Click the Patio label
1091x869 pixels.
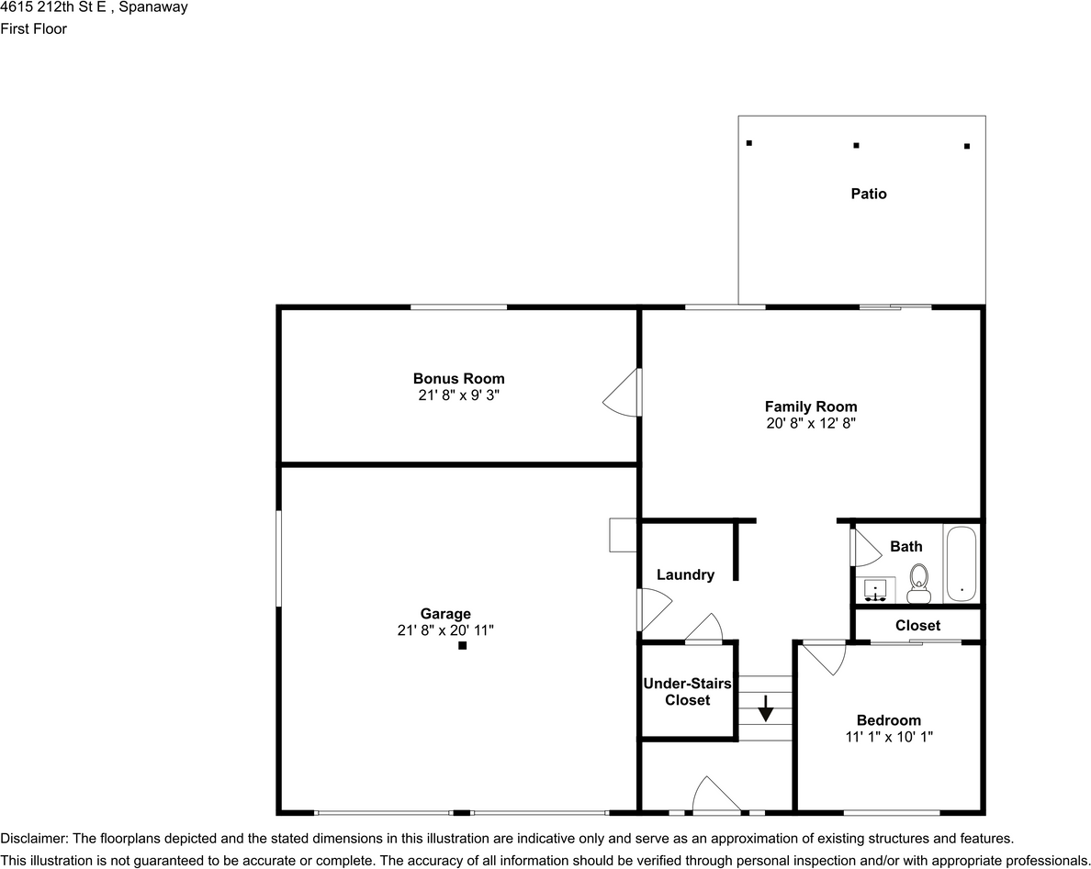pyautogui.click(x=869, y=194)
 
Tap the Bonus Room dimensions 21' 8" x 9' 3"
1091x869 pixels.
pyautogui.click(x=458, y=396)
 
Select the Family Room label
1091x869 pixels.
pyautogui.click(x=811, y=407)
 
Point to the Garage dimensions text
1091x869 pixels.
pyautogui.click(x=445, y=630)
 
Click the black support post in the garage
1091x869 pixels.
pyautogui.click(x=462, y=646)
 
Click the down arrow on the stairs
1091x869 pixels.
pyautogui.click(x=765, y=707)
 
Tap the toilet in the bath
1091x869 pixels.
pyautogui.click(x=918, y=584)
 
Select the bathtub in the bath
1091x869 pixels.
pyautogui.click(x=962, y=563)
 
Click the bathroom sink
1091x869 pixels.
pyautogui.click(x=875, y=590)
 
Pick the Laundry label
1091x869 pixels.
pyautogui.click(x=685, y=575)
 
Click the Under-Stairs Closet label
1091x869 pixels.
pyautogui.click(x=688, y=692)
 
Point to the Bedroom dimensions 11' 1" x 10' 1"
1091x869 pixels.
pyautogui.click(x=889, y=737)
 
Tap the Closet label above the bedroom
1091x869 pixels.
pyautogui.click(x=917, y=626)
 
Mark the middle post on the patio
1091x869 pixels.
pyautogui.click(x=857, y=145)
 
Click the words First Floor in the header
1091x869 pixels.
pyautogui.click(x=33, y=28)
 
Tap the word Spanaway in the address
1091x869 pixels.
pyautogui.click(x=153, y=7)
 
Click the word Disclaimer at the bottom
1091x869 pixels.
pyautogui.click(x=33, y=839)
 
